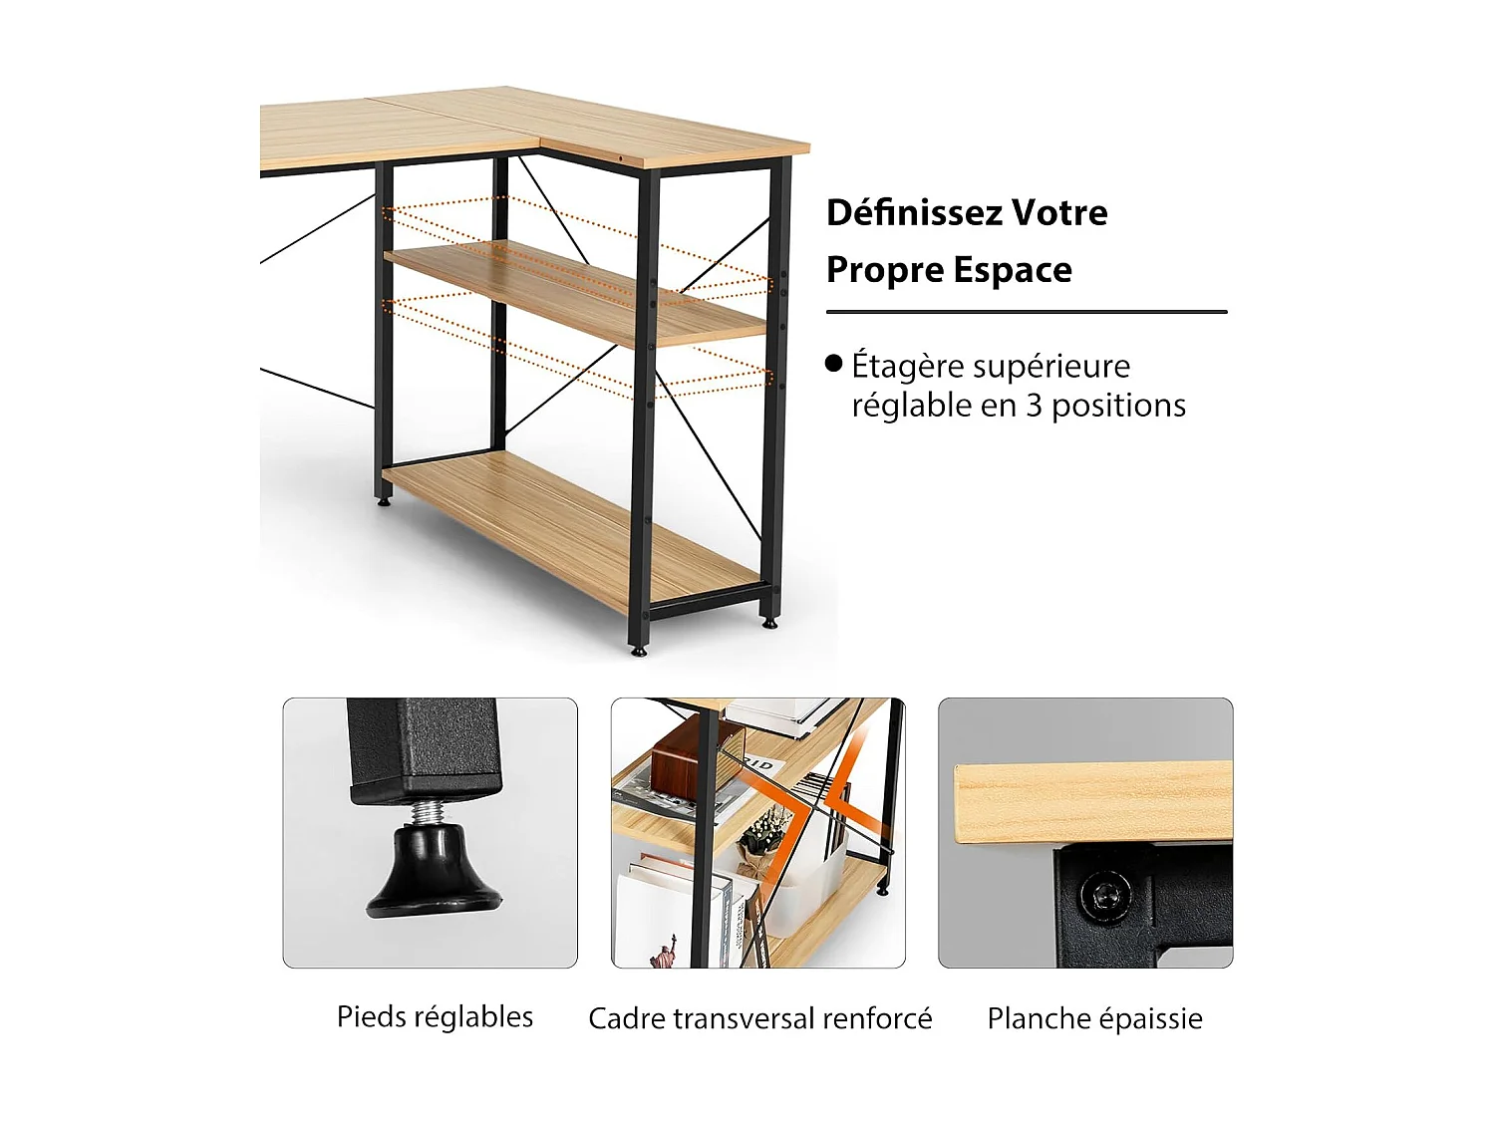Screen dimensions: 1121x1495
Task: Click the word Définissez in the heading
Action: [914, 212]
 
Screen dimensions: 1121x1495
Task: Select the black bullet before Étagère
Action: [834, 364]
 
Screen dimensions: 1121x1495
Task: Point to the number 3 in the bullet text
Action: [1034, 406]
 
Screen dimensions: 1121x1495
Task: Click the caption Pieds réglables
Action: [435, 1016]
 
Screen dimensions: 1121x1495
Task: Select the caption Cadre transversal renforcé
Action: [759, 1018]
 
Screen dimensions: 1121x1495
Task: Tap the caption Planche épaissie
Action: [1094, 1018]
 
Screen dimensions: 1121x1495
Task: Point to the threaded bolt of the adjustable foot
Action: [428, 813]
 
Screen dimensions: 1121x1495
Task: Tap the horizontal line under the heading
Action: [1026, 312]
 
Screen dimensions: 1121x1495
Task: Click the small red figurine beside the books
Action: [662, 951]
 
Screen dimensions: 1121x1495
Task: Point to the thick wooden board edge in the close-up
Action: [1092, 803]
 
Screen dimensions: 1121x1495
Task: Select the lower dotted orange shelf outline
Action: [578, 349]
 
